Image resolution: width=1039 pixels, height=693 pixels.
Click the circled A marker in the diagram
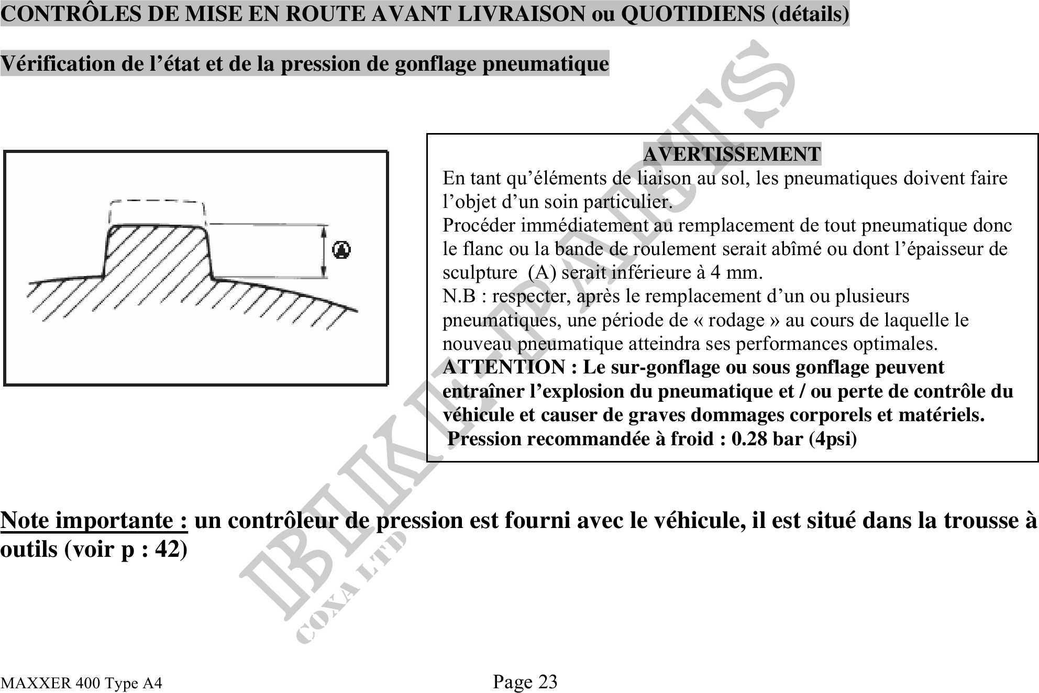point(341,250)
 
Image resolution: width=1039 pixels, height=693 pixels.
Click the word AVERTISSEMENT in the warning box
point(732,154)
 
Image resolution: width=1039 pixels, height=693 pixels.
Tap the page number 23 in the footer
point(548,681)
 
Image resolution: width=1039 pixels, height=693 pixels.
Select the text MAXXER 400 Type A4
point(81,683)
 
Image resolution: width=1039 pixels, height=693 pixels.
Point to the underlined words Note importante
point(94,520)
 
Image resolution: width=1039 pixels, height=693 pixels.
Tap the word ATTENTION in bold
point(503,367)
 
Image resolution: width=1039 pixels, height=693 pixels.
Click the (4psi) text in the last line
point(833,438)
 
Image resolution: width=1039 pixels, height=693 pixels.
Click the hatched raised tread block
point(157,251)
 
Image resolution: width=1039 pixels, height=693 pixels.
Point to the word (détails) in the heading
point(811,14)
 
